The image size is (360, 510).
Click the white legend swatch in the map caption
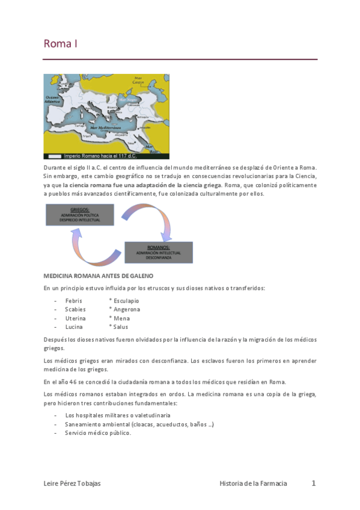pos(53,155)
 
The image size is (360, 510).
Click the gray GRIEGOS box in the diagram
pos(79,215)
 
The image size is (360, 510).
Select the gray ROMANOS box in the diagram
pos(158,252)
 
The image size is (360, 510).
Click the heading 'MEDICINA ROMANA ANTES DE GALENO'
pos(98,275)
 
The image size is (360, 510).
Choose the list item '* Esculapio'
pos(124,300)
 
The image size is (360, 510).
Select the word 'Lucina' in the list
pos(74,327)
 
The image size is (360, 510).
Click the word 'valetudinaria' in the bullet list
pos(151,415)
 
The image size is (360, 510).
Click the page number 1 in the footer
pos(314,483)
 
